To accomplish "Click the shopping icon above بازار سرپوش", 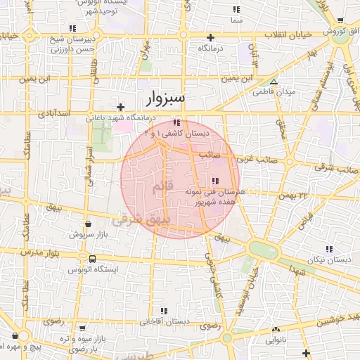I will [x=88, y=224].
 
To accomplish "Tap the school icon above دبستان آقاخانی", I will [x=165, y=310].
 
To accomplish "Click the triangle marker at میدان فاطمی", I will [x=274, y=82].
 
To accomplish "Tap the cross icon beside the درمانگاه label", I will [x=210, y=37].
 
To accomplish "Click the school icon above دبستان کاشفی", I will [x=176, y=122].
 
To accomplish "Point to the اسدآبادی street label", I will [x=53, y=112].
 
